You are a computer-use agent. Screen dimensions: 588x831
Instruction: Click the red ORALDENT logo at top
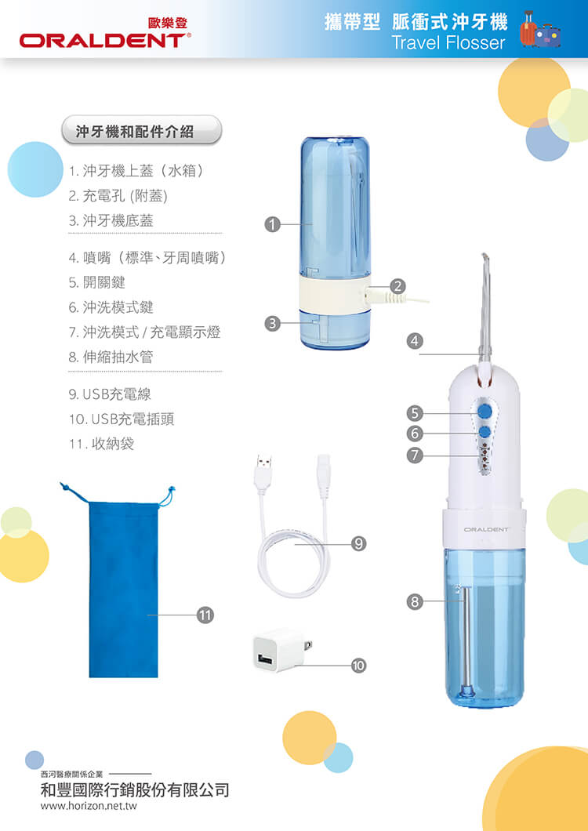point(105,40)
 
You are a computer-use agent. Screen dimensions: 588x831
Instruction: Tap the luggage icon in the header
point(540,30)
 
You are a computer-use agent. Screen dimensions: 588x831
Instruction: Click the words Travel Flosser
point(448,42)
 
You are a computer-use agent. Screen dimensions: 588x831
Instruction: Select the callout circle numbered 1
point(272,225)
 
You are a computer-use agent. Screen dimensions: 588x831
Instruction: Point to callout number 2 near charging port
point(397,286)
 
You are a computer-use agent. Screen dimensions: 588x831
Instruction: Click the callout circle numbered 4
point(415,340)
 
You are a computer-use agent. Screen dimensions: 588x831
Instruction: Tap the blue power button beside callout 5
point(484,412)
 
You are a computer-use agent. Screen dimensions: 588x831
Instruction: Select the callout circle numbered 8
point(415,601)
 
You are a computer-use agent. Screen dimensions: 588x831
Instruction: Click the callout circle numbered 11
point(205,615)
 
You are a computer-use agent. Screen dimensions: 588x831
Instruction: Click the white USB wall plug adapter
point(281,650)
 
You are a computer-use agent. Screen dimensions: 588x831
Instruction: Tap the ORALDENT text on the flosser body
point(485,529)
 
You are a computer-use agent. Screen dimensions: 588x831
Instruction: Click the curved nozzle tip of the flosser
point(485,259)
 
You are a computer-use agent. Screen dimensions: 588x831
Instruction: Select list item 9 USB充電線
point(110,394)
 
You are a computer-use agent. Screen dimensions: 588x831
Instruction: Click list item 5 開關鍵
point(97,282)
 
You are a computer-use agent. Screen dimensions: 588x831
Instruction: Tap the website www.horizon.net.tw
point(89,806)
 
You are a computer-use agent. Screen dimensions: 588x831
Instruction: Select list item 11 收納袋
point(101,444)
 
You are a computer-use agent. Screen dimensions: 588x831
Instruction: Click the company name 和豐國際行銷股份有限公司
point(135,789)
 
